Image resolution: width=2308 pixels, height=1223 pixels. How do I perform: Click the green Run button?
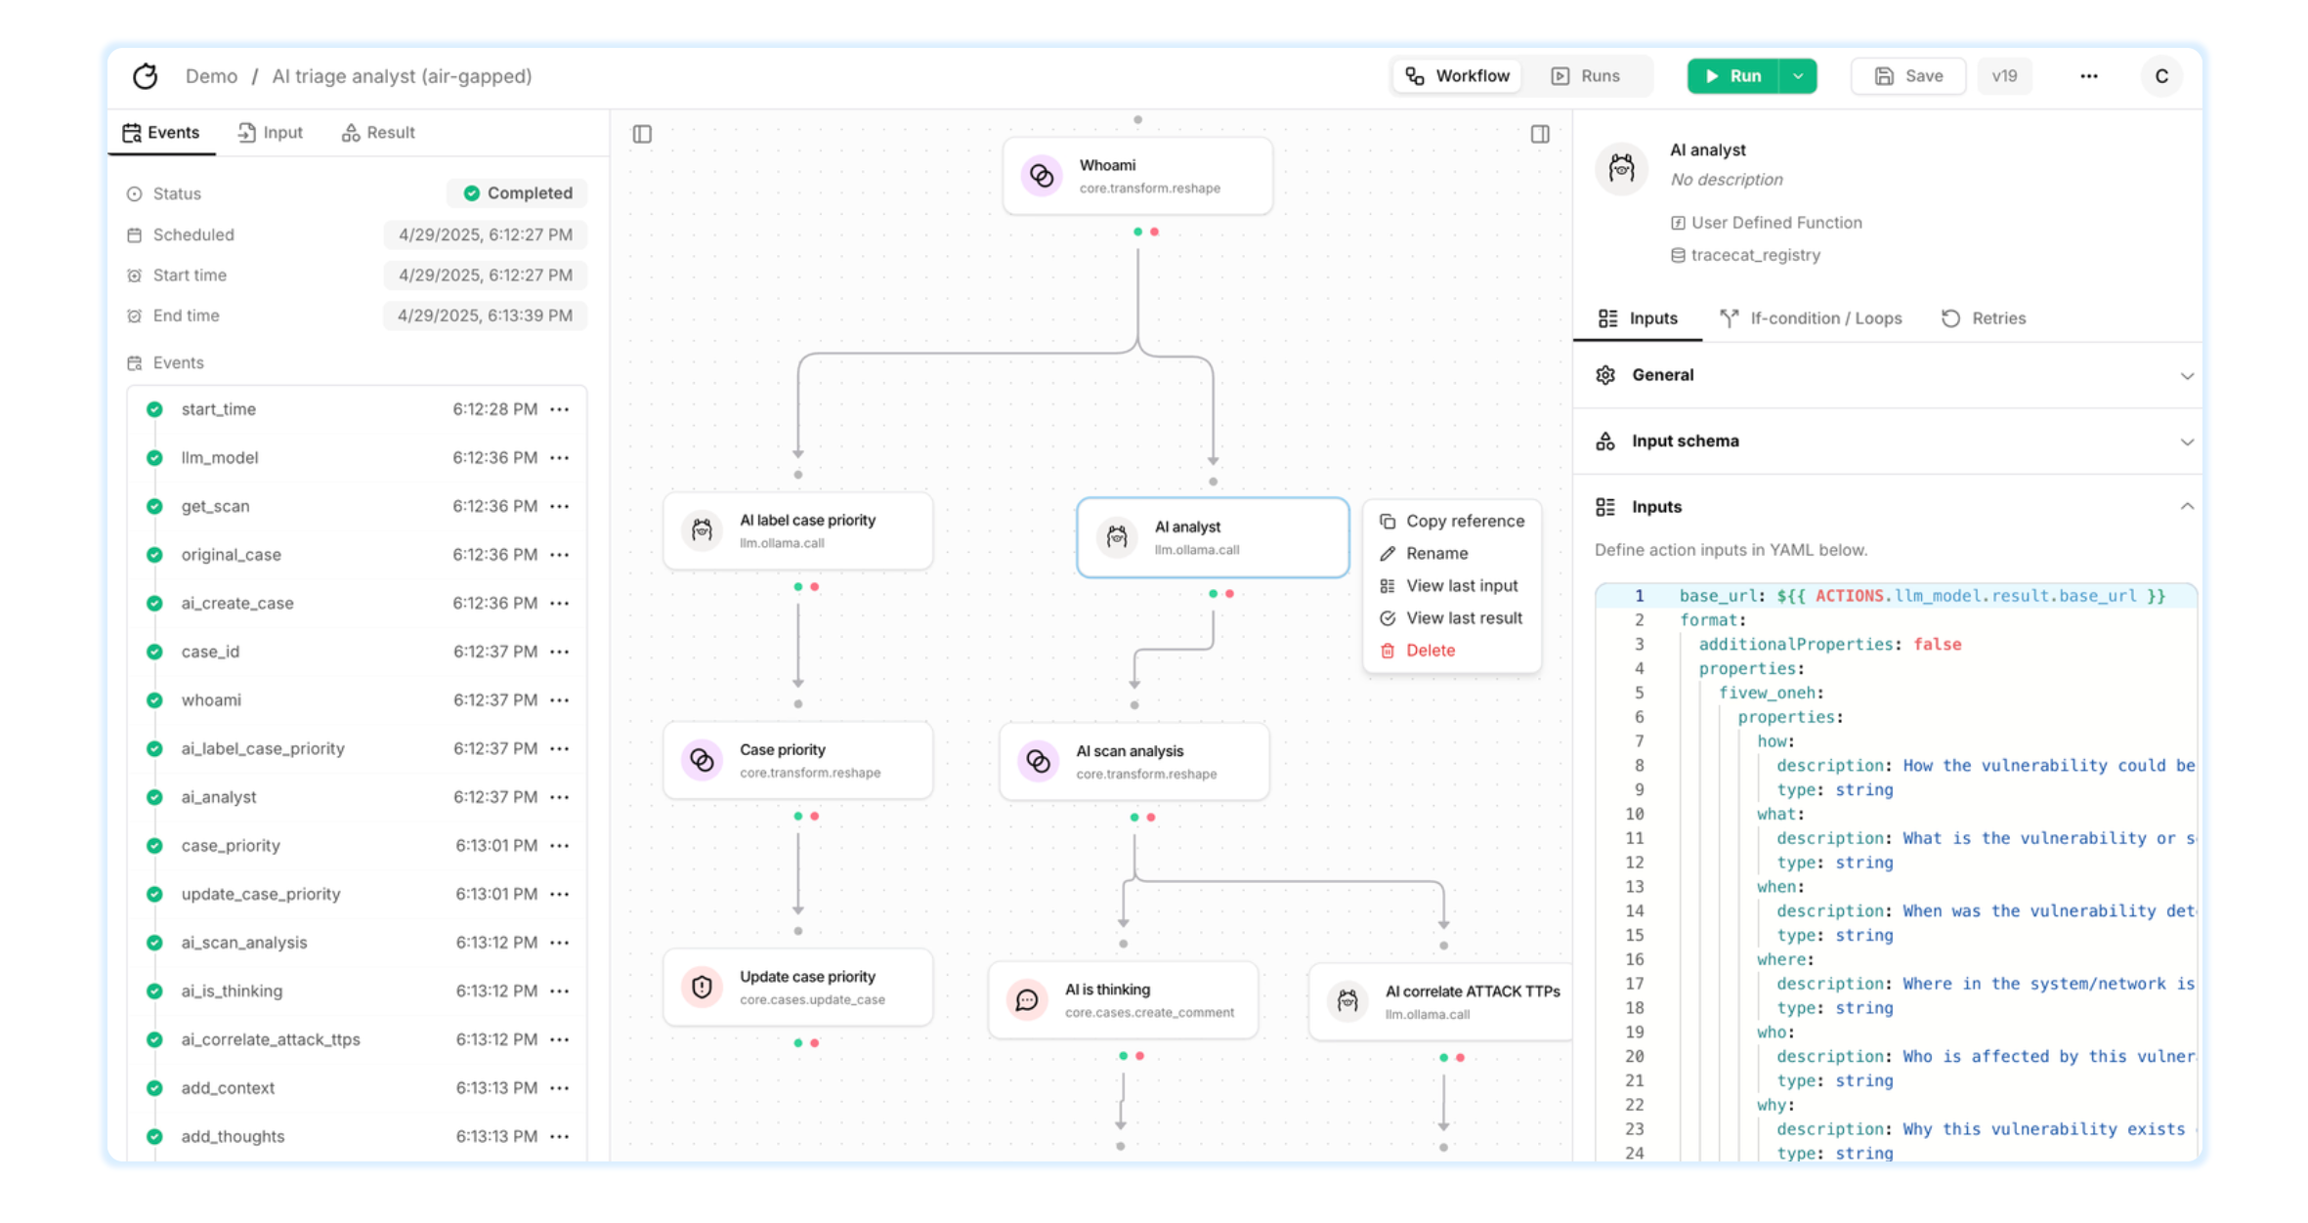(x=1732, y=76)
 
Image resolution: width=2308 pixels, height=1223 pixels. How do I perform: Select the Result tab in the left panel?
(x=378, y=133)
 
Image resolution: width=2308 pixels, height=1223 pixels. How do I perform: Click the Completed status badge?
(x=518, y=193)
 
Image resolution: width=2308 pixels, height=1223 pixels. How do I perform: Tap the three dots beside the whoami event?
(x=560, y=700)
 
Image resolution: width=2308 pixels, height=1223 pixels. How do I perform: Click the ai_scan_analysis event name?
(x=244, y=943)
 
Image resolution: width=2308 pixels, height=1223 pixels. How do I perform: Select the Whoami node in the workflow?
(x=1137, y=176)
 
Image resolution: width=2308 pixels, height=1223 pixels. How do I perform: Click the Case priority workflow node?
(x=798, y=760)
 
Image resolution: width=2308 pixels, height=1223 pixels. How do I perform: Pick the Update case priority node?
(x=798, y=988)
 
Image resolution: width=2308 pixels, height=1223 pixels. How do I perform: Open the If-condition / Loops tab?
(x=1812, y=318)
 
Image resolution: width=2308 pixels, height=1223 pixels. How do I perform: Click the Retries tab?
(x=1984, y=318)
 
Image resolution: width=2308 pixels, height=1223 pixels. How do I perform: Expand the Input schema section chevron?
(x=2187, y=442)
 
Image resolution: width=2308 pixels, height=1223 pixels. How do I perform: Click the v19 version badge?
(x=2004, y=76)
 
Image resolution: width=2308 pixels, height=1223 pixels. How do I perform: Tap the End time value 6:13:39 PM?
(x=486, y=316)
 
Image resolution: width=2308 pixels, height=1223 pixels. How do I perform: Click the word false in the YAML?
(x=1938, y=645)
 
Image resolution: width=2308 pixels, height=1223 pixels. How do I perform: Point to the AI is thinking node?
(x=1124, y=1000)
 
